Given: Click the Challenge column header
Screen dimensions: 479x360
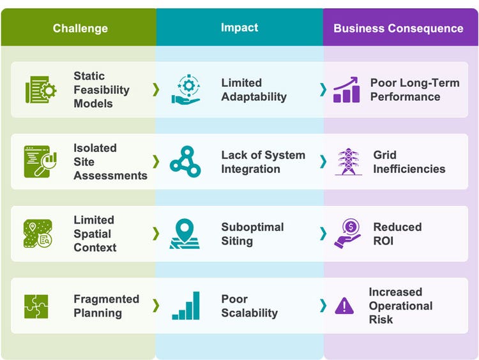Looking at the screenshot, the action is pos(80,28).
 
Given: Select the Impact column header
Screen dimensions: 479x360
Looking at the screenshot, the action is pos(240,27).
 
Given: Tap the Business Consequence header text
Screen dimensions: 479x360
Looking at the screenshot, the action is pos(399,28).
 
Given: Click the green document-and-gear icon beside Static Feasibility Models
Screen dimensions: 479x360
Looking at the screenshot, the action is pos(41,89).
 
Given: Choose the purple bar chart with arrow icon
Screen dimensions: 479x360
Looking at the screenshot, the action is pos(346,89).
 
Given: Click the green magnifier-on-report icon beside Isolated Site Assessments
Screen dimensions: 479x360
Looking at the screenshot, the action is pos(40,161).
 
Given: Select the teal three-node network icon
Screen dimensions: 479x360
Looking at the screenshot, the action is pos(185,161).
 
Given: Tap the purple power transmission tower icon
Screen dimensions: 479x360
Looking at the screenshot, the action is pos(348,161).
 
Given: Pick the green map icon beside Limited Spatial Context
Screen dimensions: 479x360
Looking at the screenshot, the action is pos(38,234).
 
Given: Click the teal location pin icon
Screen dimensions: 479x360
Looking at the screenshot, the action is pos(185,234).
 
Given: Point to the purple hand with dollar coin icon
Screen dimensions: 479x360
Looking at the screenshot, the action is pos(347,234).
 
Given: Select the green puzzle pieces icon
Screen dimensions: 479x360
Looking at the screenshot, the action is pos(36,306).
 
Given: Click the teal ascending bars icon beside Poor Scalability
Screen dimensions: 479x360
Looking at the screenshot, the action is pos(186,306).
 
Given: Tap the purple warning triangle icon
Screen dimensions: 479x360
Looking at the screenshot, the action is pos(344,306).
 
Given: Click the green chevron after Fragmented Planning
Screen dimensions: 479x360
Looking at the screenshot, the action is pos(156,305).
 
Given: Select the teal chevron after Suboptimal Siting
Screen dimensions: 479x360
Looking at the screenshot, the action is pos(323,234).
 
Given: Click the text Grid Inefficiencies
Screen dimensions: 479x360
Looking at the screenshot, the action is pos(409,162).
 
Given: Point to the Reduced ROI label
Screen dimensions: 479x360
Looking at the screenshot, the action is pos(397,234).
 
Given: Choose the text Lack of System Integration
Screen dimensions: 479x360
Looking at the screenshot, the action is pos(263,162).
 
